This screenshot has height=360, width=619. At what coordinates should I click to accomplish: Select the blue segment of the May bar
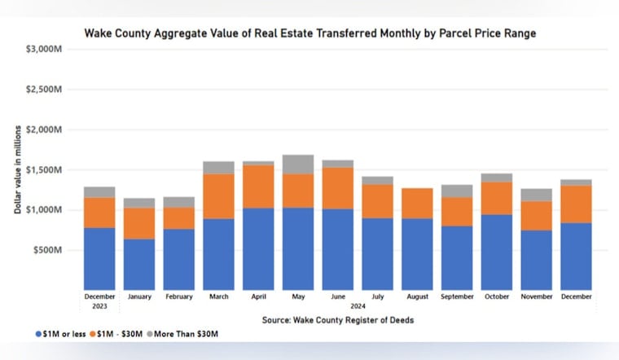click(297, 248)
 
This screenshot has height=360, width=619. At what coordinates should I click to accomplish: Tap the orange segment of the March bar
click(218, 195)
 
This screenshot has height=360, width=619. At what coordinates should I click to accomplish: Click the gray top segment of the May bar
click(297, 164)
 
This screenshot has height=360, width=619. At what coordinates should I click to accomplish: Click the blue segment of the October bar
click(497, 252)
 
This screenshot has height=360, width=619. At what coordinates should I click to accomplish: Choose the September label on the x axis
click(457, 297)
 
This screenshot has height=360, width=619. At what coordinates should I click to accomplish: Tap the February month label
click(178, 297)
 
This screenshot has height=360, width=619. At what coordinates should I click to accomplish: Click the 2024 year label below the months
click(358, 306)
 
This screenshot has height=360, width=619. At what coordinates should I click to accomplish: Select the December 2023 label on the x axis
click(99, 301)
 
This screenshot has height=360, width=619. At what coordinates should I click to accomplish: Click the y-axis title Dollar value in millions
click(17, 169)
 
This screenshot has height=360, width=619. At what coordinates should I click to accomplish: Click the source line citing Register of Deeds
click(337, 320)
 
